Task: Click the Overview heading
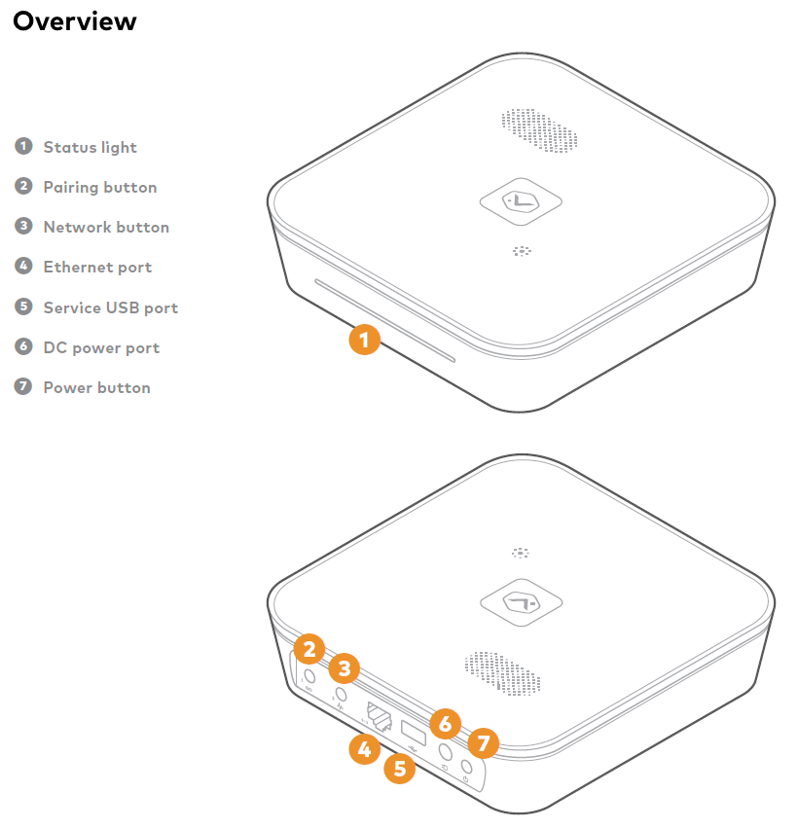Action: (x=75, y=20)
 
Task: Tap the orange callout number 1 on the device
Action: (x=364, y=341)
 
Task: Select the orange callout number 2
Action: (x=309, y=649)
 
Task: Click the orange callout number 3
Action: (x=345, y=669)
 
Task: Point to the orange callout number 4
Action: (x=364, y=749)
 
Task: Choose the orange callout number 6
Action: (x=445, y=724)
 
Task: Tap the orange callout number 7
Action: (x=483, y=745)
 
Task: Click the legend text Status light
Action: (x=90, y=147)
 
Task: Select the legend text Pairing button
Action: (x=99, y=187)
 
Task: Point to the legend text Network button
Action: (x=106, y=227)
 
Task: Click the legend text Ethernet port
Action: (x=97, y=267)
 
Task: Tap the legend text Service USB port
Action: (x=110, y=307)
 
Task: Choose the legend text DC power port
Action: (x=101, y=347)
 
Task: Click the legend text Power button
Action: (x=96, y=387)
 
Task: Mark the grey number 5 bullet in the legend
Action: (x=23, y=306)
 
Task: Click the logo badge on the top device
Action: (x=523, y=201)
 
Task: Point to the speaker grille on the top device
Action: (x=539, y=131)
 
